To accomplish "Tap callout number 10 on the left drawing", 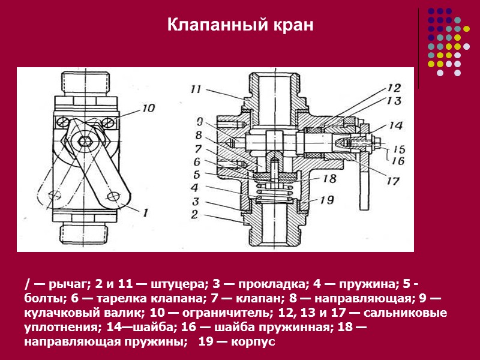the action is click(148, 108).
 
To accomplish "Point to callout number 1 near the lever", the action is click(145, 211).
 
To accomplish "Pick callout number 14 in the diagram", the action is click(395, 126).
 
